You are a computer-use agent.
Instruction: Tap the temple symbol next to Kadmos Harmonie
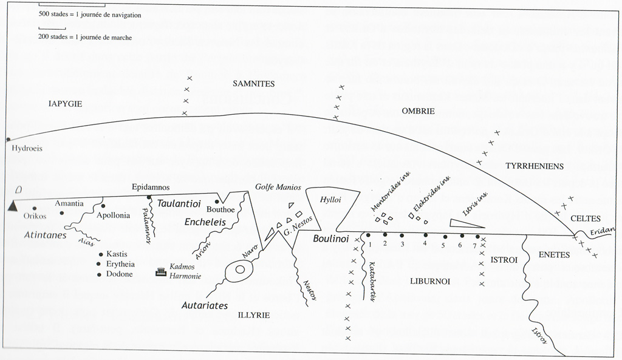(161, 272)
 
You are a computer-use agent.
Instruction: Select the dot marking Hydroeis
(8, 140)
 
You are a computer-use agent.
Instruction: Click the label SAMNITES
(254, 84)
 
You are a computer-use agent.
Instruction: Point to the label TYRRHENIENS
(534, 166)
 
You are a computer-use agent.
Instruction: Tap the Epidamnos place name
(151, 187)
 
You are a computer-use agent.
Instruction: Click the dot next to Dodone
(99, 275)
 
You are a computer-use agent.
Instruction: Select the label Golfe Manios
(278, 187)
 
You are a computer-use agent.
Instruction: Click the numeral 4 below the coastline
(425, 243)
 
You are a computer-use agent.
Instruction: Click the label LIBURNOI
(429, 282)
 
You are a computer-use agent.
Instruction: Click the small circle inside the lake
(240, 270)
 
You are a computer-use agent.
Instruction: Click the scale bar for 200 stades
(44, 29)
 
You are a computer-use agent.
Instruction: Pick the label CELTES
(586, 219)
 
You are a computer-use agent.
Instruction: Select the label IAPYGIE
(65, 104)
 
